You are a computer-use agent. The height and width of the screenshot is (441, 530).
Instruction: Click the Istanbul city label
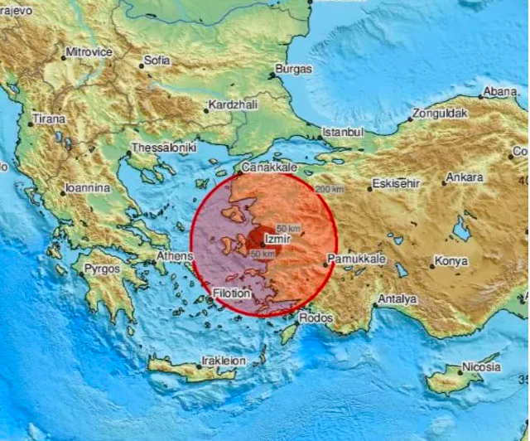click(x=343, y=132)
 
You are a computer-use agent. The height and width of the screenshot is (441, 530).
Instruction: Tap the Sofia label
click(x=157, y=60)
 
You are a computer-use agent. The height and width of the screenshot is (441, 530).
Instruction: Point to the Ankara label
click(x=465, y=177)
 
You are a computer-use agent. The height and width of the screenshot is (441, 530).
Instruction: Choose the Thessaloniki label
click(x=166, y=147)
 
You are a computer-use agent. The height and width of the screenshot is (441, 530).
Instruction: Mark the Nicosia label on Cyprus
click(x=481, y=366)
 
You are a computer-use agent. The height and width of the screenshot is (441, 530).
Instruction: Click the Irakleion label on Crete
click(x=224, y=361)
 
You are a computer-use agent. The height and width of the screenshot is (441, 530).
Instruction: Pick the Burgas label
click(x=296, y=70)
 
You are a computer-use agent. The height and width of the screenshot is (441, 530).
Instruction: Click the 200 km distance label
click(x=329, y=189)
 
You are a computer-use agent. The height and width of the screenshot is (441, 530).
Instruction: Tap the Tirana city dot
click(x=31, y=124)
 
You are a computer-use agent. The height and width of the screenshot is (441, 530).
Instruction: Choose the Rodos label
click(x=317, y=318)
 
